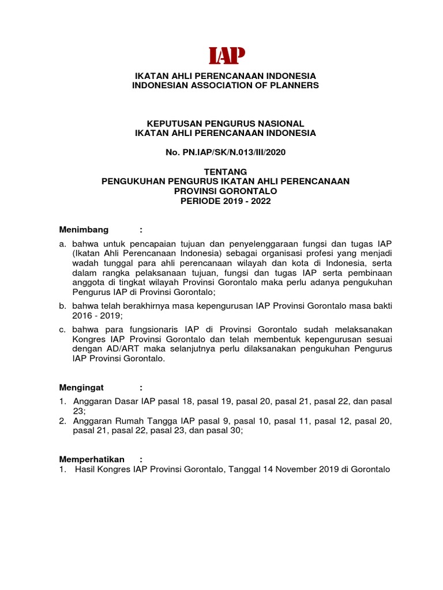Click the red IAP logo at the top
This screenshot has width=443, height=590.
[227, 55]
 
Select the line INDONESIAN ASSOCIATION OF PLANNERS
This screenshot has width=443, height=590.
[226, 85]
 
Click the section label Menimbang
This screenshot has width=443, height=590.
[85, 230]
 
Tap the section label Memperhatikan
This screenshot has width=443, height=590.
[92, 459]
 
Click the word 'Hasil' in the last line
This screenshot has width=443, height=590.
[86, 470]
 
